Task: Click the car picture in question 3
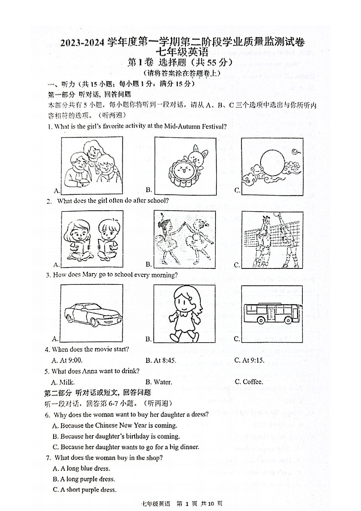(x=91, y=314)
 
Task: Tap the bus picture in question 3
(x=272, y=314)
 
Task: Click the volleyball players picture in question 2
(x=272, y=239)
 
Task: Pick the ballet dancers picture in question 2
(x=184, y=239)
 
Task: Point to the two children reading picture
(x=91, y=239)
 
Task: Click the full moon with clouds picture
(x=272, y=166)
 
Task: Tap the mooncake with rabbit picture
(x=184, y=166)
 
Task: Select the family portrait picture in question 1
(x=91, y=166)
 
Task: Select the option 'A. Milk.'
(x=63, y=382)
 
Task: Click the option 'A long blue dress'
(x=82, y=468)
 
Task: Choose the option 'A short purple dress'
(x=85, y=490)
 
